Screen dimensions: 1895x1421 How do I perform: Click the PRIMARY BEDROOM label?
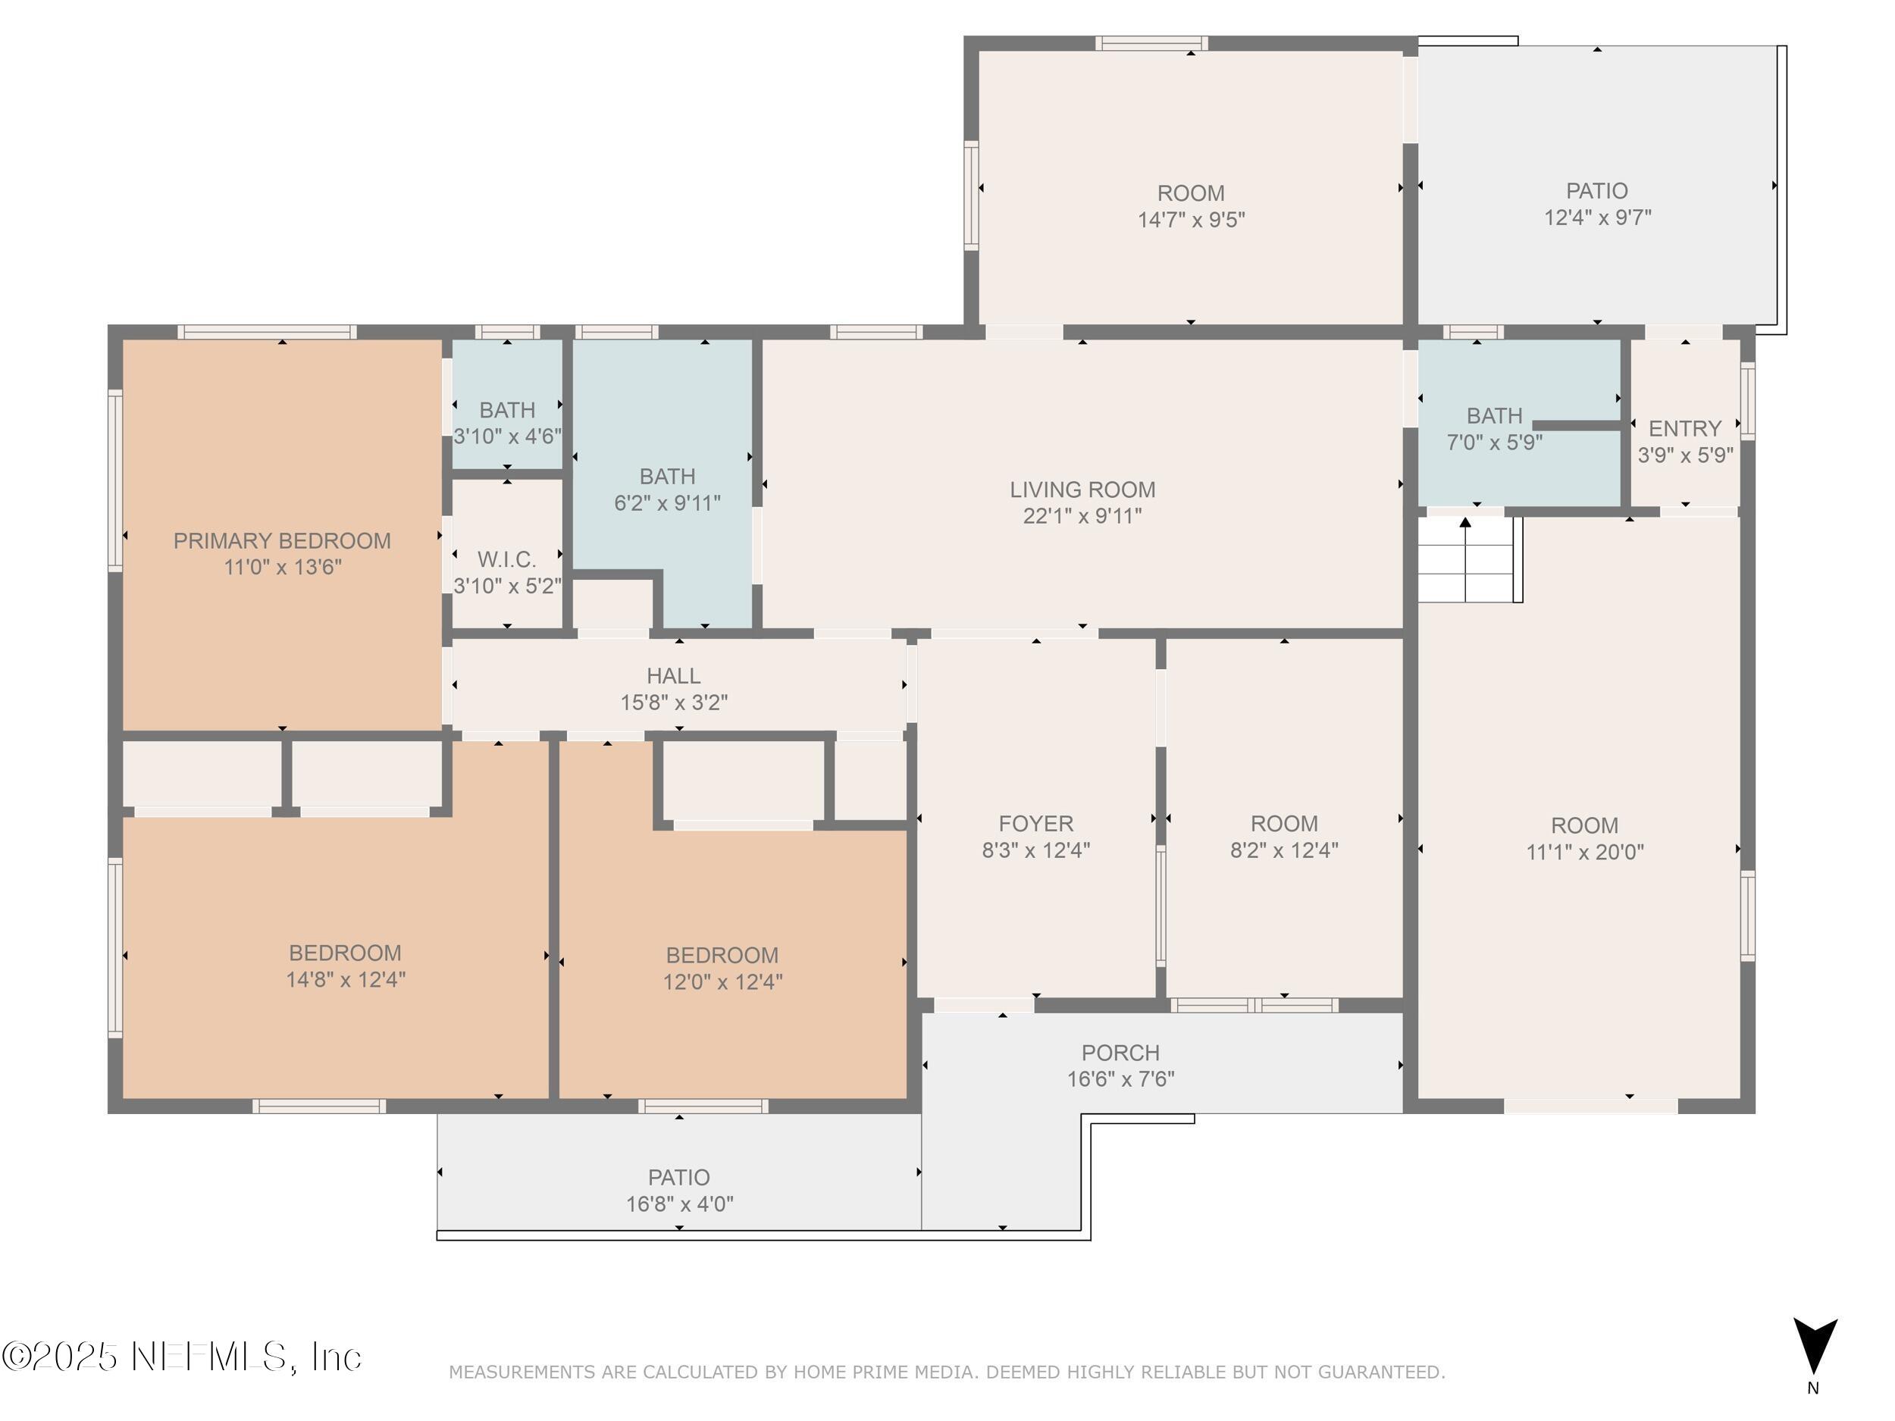(x=282, y=540)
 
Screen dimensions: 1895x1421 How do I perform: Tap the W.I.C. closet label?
(x=507, y=559)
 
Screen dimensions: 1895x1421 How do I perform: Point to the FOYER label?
(x=1035, y=823)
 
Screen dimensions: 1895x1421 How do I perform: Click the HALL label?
(x=673, y=676)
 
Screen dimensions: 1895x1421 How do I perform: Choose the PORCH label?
(x=1120, y=1053)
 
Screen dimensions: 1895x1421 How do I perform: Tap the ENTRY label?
(x=1685, y=428)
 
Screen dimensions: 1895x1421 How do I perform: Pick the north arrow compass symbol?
(x=1815, y=1347)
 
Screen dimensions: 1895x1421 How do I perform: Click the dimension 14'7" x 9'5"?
(x=1191, y=220)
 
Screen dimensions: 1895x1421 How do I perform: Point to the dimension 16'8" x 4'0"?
(x=679, y=1204)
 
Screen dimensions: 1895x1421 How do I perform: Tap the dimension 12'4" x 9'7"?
(x=1597, y=218)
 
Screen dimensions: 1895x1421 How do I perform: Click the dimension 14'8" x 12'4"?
(x=345, y=979)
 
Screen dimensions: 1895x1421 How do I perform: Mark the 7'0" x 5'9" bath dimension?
(x=1494, y=443)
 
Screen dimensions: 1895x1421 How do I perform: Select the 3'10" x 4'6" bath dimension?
(x=507, y=436)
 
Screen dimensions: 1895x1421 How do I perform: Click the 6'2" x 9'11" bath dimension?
(x=667, y=502)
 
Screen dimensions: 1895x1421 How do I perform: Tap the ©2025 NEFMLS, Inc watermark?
(x=182, y=1357)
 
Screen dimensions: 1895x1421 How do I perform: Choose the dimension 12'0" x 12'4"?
(x=722, y=981)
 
